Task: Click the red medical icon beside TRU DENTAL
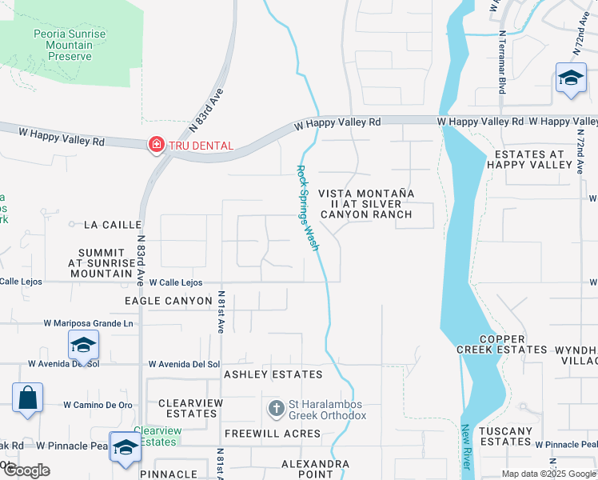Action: [x=156, y=145]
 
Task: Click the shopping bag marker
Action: [x=27, y=398]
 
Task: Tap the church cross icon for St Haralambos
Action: [x=277, y=409]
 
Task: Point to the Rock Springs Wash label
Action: [x=308, y=208]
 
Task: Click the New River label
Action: [x=464, y=449]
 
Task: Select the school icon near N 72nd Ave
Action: [x=571, y=79]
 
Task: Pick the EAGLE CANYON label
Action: [x=168, y=301]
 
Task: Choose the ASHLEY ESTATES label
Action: [x=273, y=374]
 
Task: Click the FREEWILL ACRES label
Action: [x=272, y=434]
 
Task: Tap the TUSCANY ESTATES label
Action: [x=506, y=436]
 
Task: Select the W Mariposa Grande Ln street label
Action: [x=89, y=323]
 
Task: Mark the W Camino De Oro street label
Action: [x=98, y=405]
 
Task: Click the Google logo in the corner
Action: [x=26, y=470]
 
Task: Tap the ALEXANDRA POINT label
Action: [x=315, y=469]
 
